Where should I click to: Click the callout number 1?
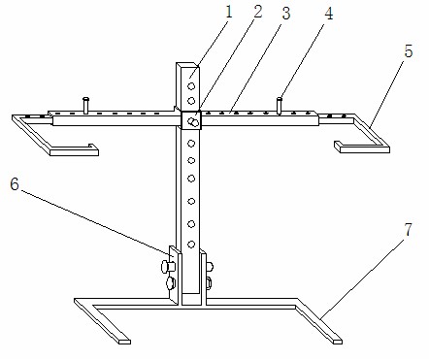(x=229, y=13)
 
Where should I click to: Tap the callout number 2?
(x=257, y=12)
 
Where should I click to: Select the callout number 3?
(x=286, y=14)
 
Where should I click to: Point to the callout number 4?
(x=328, y=14)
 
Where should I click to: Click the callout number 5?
(x=409, y=51)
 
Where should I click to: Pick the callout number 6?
(x=15, y=184)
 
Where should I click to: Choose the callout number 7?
(x=409, y=230)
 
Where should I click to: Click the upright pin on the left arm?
(x=85, y=106)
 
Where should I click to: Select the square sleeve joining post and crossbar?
(x=191, y=120)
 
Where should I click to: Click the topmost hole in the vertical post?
(x=191, y=86)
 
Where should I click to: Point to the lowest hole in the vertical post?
(x=191, y=245)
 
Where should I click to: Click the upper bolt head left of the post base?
(x=168, y=266)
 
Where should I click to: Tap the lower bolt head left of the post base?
(x=171, y=283)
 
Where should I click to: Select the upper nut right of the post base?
(x=210, y=267)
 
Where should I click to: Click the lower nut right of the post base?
(x=209, y=283)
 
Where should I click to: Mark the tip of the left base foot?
(x=124, y=342)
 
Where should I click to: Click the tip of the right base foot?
(x=337, y=341)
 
